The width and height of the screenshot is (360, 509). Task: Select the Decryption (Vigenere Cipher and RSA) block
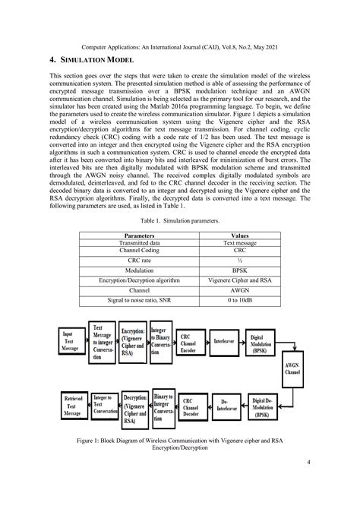coord(134,408)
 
